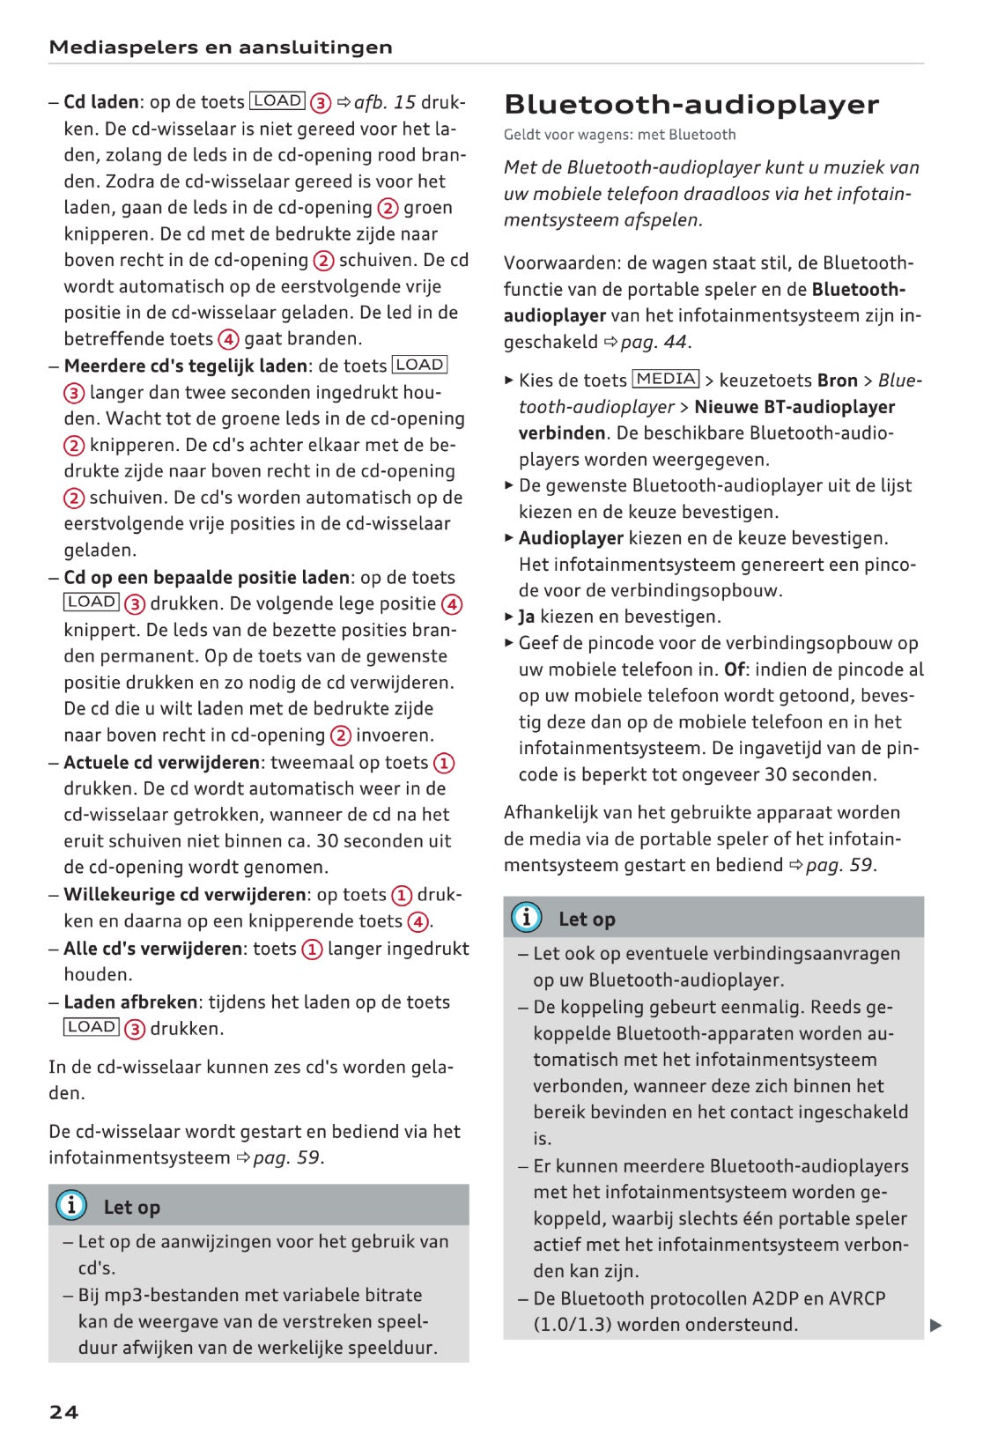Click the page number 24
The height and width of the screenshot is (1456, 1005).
point(63,1412)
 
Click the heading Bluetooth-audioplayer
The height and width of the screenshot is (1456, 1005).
point(691,105)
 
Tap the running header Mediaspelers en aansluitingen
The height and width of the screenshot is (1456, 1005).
point(220,48)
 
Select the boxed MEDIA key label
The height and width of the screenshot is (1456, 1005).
point(666,380)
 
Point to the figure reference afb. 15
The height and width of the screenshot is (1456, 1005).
point(385,102)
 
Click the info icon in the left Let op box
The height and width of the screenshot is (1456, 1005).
point(71,1204)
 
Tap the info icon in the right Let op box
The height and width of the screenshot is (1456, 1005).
point(526,917)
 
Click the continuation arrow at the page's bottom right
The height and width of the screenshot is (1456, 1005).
point(935,1325)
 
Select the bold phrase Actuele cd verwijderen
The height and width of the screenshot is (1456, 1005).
point(162,762)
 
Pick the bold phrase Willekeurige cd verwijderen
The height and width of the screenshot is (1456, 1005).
point(185,894)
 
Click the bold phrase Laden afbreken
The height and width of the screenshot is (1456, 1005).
point(130,1001)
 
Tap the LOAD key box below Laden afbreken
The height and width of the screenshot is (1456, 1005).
point(92,1027)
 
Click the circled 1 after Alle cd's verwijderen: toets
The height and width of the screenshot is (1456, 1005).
point(312,949)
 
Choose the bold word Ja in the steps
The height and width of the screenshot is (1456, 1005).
point(527,617)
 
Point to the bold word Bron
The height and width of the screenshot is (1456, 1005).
point(837,381)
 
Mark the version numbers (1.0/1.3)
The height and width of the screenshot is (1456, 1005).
point(573,1325)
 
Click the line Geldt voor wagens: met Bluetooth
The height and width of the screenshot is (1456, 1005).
point(619,135)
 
